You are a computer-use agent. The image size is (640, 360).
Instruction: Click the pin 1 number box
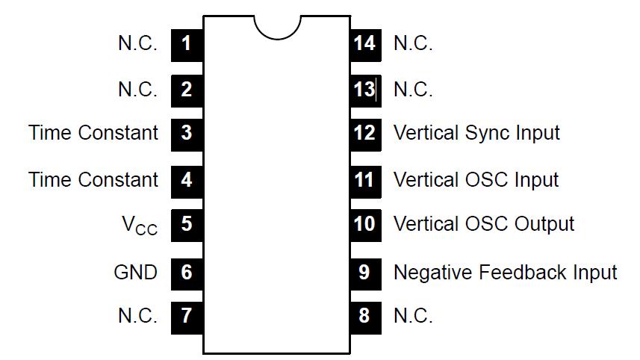pos(187,43)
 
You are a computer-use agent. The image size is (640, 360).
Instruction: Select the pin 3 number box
pos(187,134)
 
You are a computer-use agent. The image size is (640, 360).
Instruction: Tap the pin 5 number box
pos(187,225)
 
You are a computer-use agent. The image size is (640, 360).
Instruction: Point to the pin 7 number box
pos(187,316)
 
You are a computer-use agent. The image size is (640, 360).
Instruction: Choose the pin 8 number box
pos(364,316)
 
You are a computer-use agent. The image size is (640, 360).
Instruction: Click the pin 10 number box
pos(364,225)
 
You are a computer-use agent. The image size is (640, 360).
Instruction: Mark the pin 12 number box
pos(364,134)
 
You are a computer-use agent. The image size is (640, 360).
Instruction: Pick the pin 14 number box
pos(364,43)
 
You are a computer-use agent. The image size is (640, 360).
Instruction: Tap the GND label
pos(135,272)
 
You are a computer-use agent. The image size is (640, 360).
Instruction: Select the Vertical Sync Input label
pos(476,134)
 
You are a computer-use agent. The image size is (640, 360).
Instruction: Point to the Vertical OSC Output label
pos(484,224)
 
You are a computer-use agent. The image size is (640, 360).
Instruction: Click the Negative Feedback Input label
pos(506,272)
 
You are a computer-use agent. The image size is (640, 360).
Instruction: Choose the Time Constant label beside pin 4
pos(93,180)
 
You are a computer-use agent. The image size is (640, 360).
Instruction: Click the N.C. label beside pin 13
pos(413,90)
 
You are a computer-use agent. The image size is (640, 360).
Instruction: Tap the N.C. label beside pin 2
pos(137,90)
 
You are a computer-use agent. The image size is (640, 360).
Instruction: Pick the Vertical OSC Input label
pos(476,180)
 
